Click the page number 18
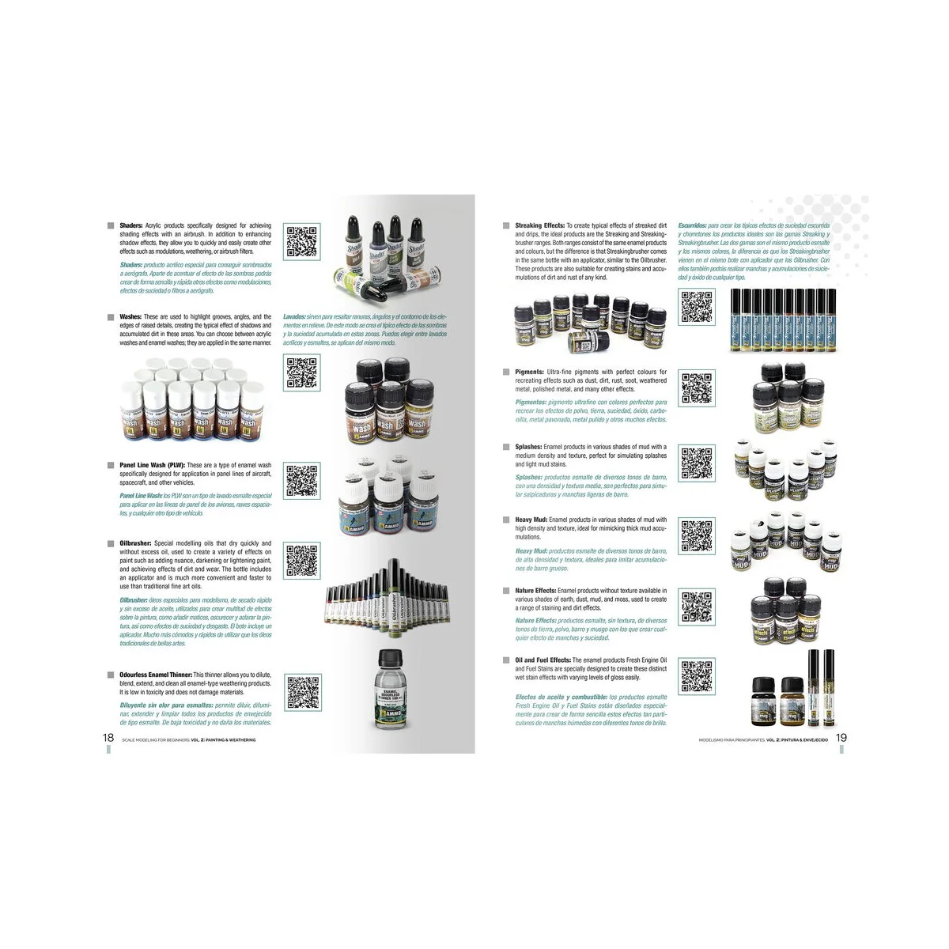(108, 737)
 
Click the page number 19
(841, 737)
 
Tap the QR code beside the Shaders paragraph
(301, 242)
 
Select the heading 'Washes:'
(130, 317)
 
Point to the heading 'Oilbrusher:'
(136, 543)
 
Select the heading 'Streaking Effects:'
(539, 226)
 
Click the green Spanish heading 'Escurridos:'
(692, 226)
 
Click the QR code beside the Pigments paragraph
(697, 388)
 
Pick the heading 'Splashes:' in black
(528, 447)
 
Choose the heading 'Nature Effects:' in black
(535, 591)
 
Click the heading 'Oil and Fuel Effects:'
(543, 660)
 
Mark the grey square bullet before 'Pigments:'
(506, 372)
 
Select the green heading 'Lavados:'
(295, 317)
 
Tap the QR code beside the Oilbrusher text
(301, 561)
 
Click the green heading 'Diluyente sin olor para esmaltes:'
(166, 705)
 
